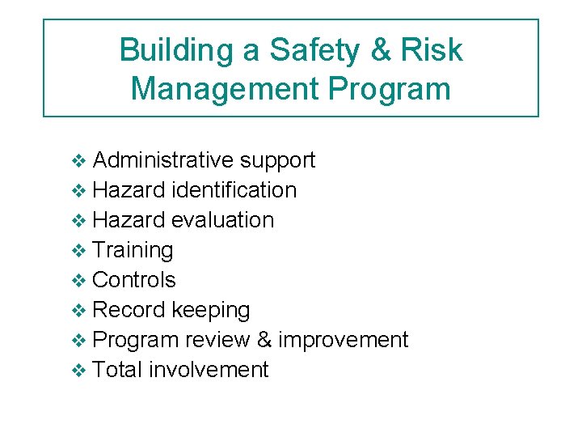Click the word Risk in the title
(432, 51)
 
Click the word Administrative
(163, 160)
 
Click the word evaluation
(223, 220)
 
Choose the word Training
(133, 251)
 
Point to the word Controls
(134, 280)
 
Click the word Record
(129, 310)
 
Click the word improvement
(344, 341)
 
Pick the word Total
(118, 370)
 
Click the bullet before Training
(78, 251)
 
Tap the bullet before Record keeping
(78, 311)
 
